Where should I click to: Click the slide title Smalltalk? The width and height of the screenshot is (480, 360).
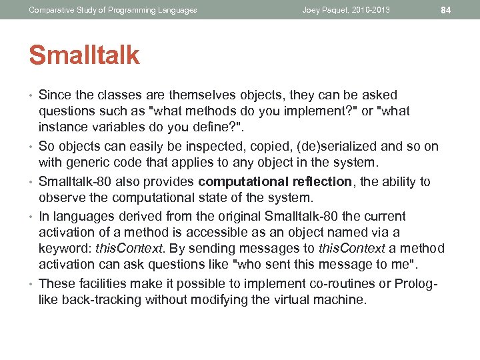(x=84, y=56)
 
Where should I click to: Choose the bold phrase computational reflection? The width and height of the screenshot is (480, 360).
(x=275, y=182)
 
